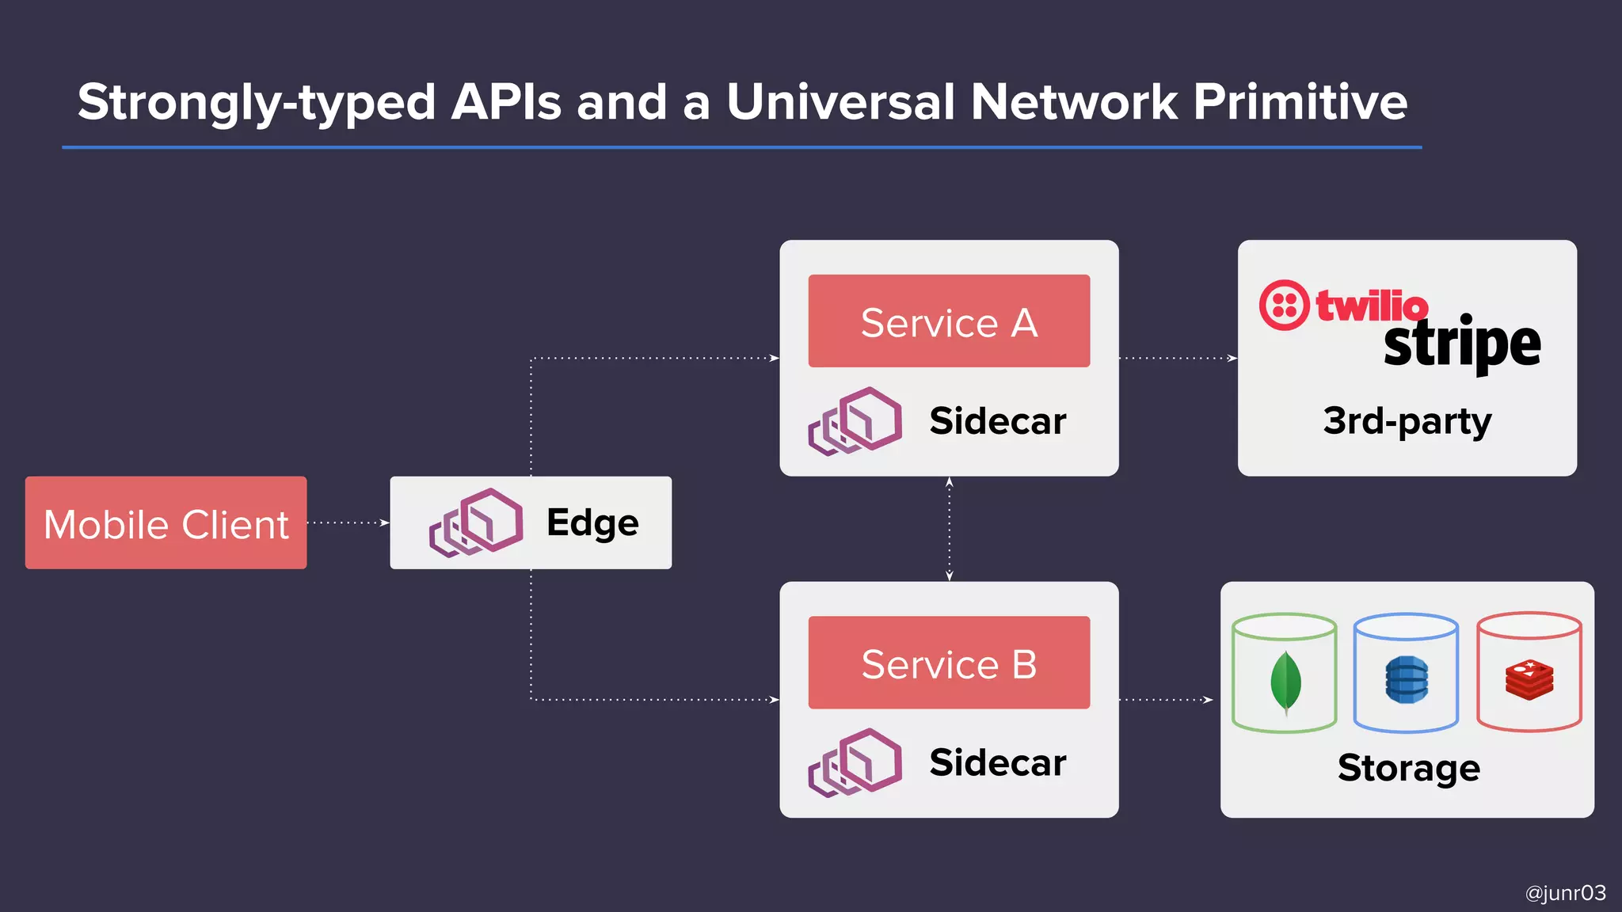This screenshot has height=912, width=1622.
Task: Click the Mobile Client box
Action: pos(166,522)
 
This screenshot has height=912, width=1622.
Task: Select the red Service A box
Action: pos(949,321)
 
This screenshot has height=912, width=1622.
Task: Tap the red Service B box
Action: pos(949,663)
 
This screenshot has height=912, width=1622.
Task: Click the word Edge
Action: pos(592,523)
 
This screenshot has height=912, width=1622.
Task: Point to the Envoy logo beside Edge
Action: pos(476,522)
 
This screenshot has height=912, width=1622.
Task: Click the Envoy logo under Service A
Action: pos(855,420)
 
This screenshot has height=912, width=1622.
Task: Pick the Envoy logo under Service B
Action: pos(855,762)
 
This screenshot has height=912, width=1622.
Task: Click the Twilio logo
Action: pos(1345,305)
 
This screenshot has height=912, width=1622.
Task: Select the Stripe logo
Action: pos(1462,344)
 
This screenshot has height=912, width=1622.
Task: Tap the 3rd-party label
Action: pos(1407,421)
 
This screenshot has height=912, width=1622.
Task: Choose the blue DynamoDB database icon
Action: pos(1407,680)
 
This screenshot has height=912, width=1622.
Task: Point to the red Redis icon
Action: pos(1529,680)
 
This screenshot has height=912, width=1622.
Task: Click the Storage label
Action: pos(1408,768)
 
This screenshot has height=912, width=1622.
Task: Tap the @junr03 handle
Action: pos(1565,893)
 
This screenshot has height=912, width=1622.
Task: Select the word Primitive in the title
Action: pos(1300,102)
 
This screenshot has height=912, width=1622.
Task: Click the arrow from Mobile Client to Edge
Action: pos(348,522)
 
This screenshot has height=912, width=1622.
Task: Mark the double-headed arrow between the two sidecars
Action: pos(949,529)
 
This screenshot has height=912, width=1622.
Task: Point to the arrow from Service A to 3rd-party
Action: pos(1178,359)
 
